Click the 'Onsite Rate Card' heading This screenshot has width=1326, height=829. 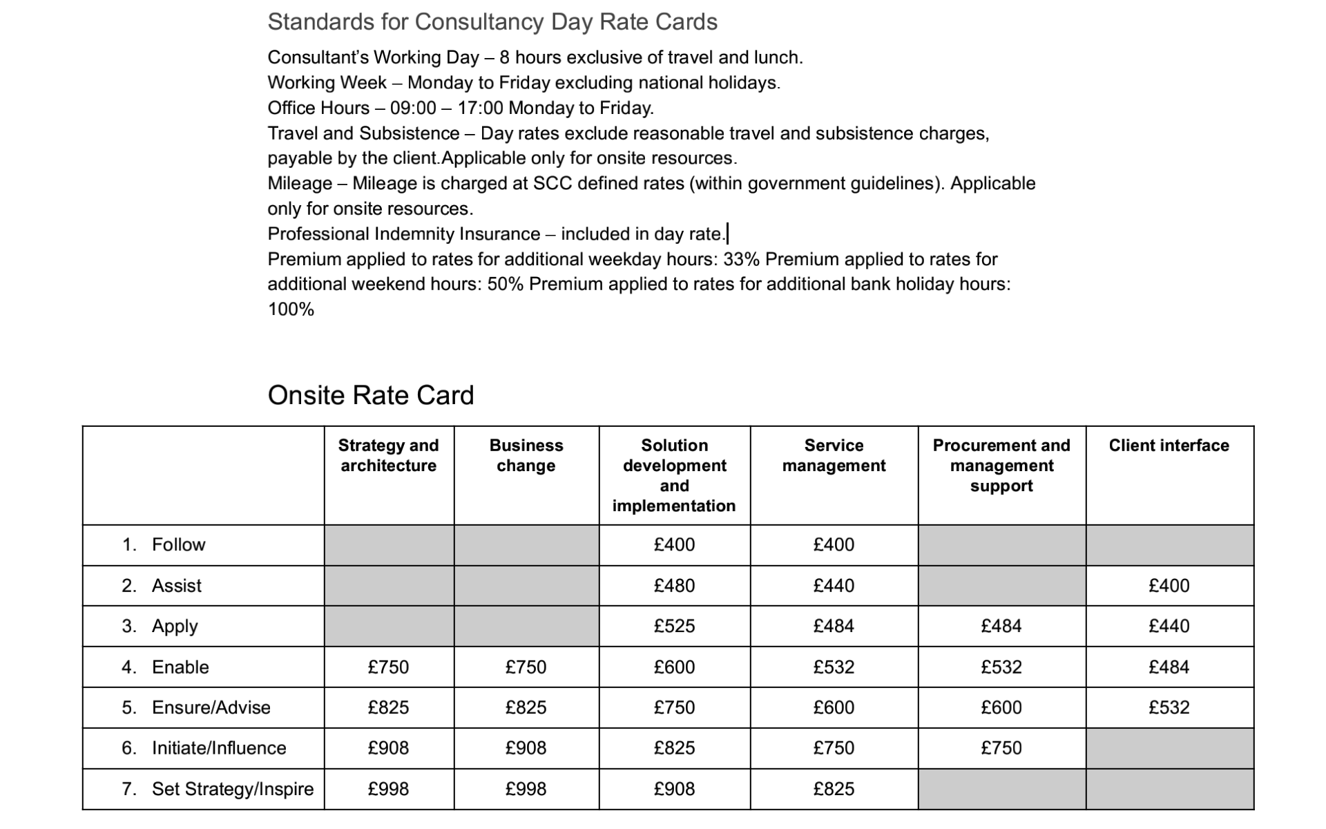(370, 395)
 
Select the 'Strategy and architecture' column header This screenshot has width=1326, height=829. (388, 456)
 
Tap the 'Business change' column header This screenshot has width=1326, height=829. (526, 456)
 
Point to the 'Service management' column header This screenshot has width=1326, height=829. (834, 456)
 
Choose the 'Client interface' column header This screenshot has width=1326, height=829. (1169, 446)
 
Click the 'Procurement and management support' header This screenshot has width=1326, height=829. (1001, 466)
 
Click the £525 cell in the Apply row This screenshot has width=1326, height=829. (674, 627)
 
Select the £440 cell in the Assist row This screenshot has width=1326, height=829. (834, 586)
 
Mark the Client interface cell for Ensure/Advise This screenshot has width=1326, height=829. (1169, 707)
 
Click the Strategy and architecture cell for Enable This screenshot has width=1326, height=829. (388, 667)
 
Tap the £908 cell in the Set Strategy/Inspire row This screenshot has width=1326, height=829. (674, 789)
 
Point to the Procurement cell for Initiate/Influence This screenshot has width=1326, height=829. (1001, 748)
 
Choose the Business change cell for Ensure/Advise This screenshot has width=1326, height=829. (526, 707)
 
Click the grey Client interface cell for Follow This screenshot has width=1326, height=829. (1169, 545)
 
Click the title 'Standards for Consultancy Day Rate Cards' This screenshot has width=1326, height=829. (492, 22)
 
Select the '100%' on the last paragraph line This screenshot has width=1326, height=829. (291, 309)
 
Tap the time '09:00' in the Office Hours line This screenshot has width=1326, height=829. (413, 108)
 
